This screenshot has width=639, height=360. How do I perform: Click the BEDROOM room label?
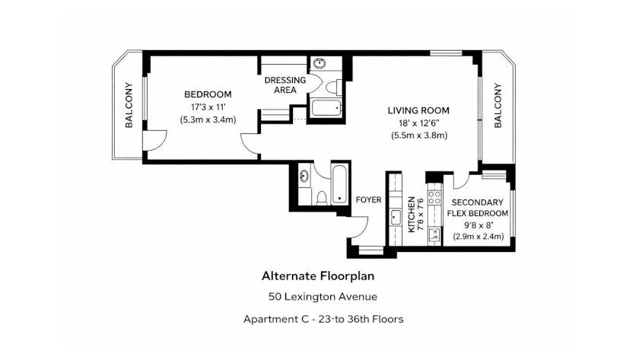coord(208,94)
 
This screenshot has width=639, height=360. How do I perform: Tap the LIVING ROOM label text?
coord(418,110)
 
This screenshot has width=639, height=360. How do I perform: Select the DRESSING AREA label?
coord(285,84)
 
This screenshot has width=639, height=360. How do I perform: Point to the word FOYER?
coord(368,199)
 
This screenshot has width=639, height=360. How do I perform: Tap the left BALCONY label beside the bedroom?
coord(129,105)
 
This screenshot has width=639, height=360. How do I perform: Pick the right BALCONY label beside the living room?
coord(498,106)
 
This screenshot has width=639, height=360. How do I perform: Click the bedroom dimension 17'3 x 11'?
coord(208,107)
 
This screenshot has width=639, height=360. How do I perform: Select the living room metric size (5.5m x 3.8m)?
coord(419,135)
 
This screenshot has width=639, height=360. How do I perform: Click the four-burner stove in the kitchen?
coord(435,197)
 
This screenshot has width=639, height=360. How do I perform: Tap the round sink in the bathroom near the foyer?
coord(304,176)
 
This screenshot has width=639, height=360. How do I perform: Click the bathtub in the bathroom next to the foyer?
coord(339,184)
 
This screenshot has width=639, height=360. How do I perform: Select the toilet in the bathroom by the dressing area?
coord(333,87)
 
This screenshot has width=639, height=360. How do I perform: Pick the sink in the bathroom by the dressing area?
coord(319,63)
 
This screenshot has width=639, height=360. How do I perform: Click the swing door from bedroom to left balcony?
coord(155,141)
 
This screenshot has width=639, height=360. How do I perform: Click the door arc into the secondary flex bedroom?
coord(460,180)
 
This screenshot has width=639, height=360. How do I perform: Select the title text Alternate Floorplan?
coord(318,276)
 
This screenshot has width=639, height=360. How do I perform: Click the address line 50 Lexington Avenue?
coord(323,296)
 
